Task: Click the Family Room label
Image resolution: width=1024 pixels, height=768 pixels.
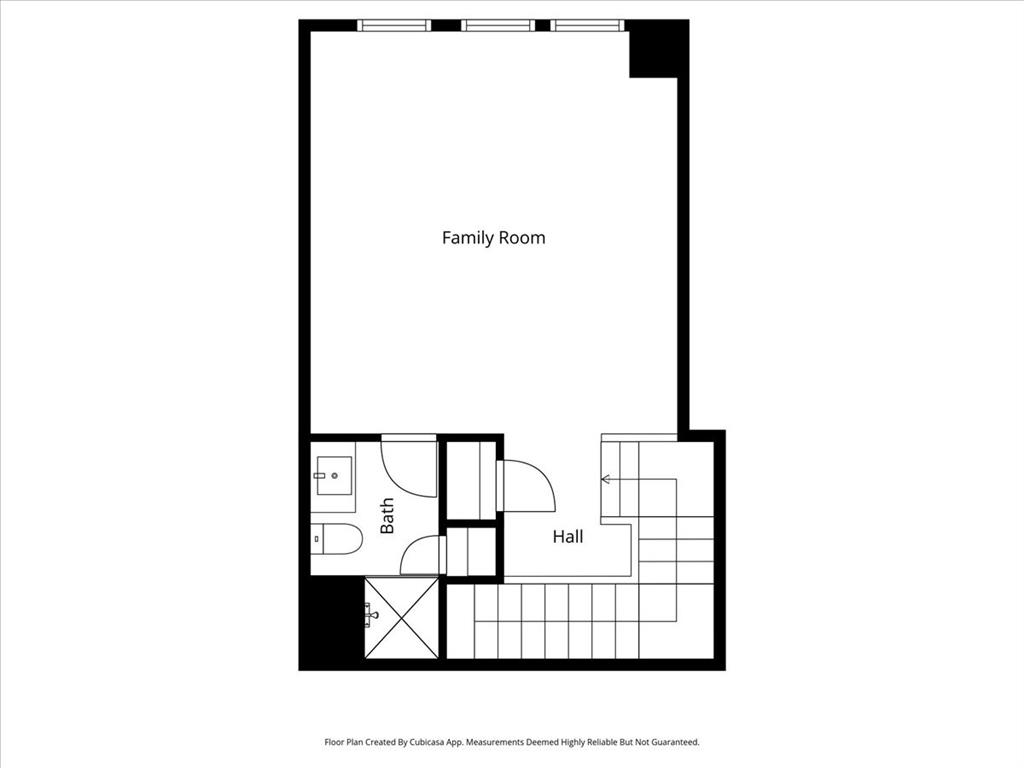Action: pyautogui.click(x=493, y=238)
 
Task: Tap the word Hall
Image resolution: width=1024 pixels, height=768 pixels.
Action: pyautogui.click(x=568, y=537)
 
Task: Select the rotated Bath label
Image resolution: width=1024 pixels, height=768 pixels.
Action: pyautogui.click(x=387, y=516)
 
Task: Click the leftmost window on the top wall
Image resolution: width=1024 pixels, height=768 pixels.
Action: pyautogui.click(x=394, y=25)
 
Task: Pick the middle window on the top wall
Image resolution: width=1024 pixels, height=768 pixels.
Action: pyautogui.click(x=498, y=25)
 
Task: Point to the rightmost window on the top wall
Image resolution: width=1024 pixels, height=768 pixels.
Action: pyautogui.click(x=587, y=25)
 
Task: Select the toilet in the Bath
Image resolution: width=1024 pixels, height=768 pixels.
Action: pyautogui.click(x=336, y=539)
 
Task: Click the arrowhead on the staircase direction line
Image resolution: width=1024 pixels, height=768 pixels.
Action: pyautogui.click(x=605, y=479)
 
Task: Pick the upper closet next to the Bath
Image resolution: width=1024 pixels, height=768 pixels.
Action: pyautogui.click(x=471, y=479)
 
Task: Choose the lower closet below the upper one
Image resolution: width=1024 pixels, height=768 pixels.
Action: pyautogui.click(x=471, y=552)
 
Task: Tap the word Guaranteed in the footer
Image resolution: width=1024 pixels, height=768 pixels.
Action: pyautogui.click(x=672, y=742)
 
